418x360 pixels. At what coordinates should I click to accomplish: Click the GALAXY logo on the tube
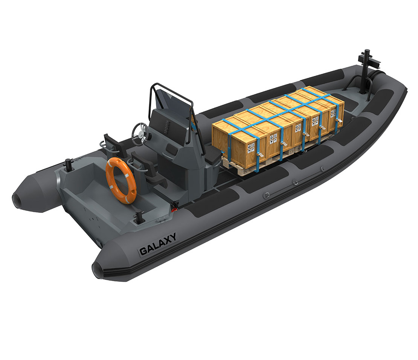tap(158, 244)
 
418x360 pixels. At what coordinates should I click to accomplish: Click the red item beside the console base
tap(174, 207)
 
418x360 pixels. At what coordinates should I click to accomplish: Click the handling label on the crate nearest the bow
tap(333, 113)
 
